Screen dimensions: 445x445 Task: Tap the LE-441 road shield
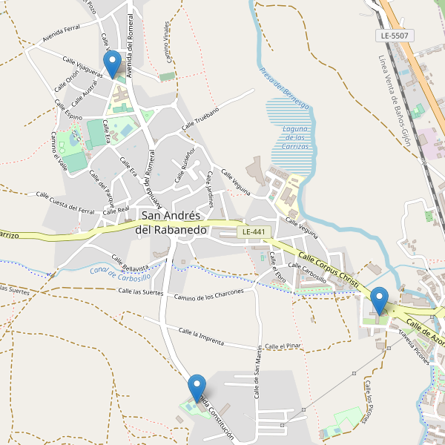pos(254,232)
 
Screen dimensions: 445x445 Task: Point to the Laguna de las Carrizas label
pos(294,137)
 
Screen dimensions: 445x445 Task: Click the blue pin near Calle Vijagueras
pos(113,65)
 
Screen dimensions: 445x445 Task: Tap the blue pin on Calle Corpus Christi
pos(379,301)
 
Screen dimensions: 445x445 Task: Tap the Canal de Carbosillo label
pos(120,273)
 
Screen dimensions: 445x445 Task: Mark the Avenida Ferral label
pos(61,32)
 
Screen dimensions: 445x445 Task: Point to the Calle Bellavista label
pos(130,263)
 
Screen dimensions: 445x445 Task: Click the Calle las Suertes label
pos(140,292)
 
